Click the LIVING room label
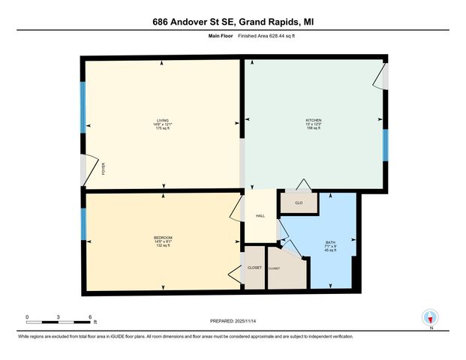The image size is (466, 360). (x=163, y=120)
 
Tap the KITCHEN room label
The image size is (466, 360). (x=314, y=120)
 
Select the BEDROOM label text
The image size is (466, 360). (x=163, y=238)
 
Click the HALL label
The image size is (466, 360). (x=260, y=216)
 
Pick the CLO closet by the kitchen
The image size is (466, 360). (x=298, y=202)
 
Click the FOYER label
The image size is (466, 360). (x=104, y=169)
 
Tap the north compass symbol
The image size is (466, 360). (x=431, y=317)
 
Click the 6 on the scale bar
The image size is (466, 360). (x=90, y=316)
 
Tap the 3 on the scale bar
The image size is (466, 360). (x=59, y=316)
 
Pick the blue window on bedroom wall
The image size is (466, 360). (x=83, y=223)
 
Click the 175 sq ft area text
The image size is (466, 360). (x=163, y=129)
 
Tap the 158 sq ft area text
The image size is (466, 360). (x=314, y=129)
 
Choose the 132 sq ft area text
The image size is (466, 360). (x=163, y=247)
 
